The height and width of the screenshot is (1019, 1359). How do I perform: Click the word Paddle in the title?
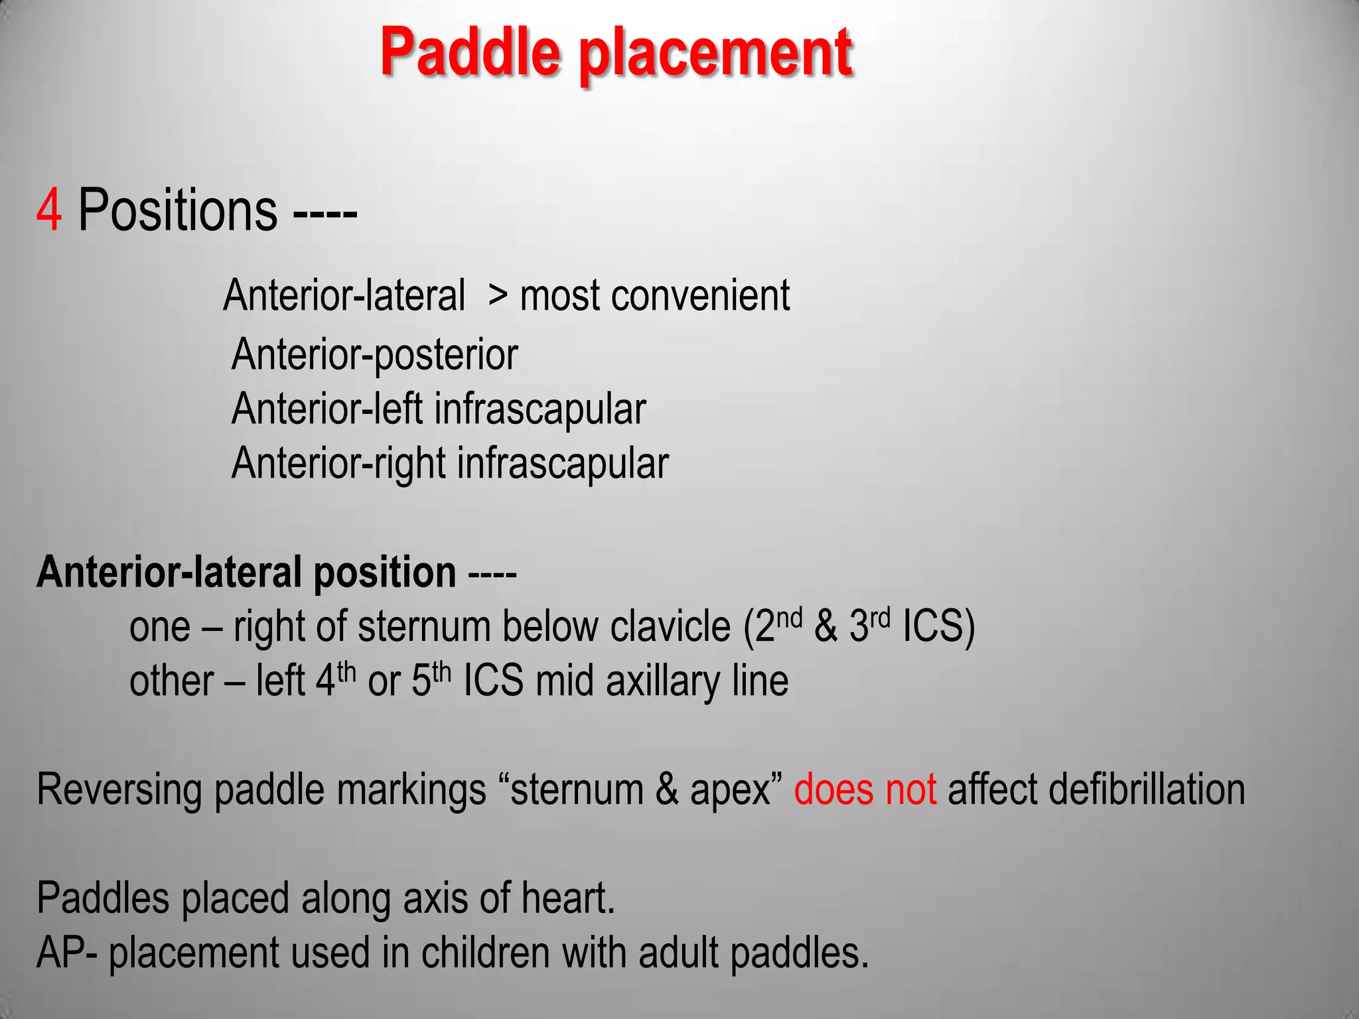[x=470, y=53]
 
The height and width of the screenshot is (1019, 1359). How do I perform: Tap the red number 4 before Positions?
[x=49, y=210]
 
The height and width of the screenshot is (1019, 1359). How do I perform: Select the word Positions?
[x=178, y=210]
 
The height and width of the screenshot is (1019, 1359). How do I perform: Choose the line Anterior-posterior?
[x=375, y=355]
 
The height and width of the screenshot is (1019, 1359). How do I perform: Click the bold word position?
[x=384, y=572]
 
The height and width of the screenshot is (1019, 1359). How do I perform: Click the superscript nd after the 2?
[x=790, y=618]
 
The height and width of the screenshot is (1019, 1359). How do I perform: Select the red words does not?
[x=865, y=789]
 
